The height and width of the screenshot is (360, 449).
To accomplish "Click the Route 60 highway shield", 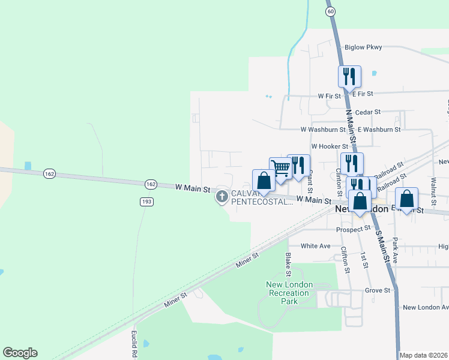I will [x=330, y=11].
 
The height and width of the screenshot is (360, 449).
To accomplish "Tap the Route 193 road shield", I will [x=146, y=202].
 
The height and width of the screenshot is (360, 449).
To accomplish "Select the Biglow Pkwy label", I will [x=363, y=47].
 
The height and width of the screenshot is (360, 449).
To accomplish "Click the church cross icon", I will [x=222, y=196].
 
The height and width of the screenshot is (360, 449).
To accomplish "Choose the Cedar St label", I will [x=368, y=112].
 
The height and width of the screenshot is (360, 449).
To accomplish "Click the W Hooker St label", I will [x=329, y=146].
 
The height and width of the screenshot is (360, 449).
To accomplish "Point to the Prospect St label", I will [x=354, y=229].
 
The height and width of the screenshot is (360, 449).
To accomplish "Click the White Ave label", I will [x=316, y=246].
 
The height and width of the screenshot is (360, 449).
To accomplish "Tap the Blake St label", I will [x=289, y=261].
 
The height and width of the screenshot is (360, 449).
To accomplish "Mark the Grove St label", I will [x=378, y=290].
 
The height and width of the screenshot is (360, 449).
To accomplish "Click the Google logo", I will [x=20, y=353].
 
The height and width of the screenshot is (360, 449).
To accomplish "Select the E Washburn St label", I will [x=379, y=129].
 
